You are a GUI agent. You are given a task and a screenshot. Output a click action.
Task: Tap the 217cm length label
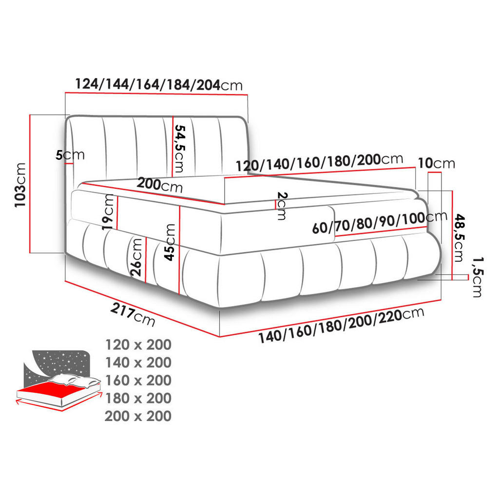tap(133, 315)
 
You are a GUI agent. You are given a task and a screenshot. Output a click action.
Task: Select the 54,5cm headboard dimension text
tap(180, 149)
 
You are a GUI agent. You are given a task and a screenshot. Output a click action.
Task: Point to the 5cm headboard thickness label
tap(70, 155)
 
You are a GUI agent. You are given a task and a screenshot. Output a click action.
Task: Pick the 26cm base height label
tap(138, 256)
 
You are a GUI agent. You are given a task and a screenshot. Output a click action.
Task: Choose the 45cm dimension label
tap(170, 242)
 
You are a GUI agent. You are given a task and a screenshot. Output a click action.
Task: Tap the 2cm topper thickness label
tap(282, 206)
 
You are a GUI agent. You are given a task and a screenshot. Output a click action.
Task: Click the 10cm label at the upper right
tap(436, 163)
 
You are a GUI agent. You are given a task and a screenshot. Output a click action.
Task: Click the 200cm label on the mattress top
tap(159, 185)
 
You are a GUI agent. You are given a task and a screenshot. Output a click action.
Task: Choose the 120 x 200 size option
tap(138, 345)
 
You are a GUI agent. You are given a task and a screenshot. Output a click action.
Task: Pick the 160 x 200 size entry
tap(138, 381)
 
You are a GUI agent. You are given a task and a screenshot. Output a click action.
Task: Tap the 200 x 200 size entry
tap(138, 416)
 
